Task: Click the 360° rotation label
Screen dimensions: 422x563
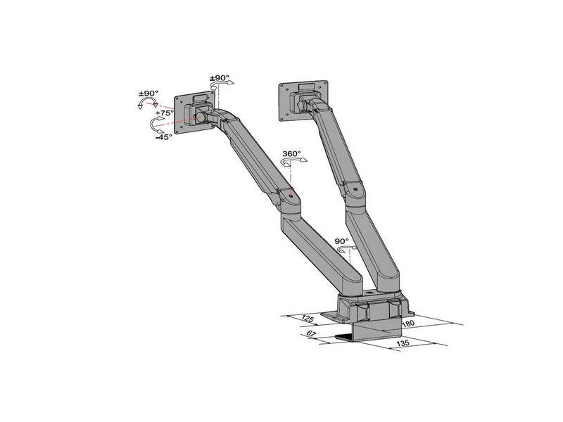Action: tap(291, 153)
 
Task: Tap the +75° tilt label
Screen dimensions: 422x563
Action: tap(165, 113)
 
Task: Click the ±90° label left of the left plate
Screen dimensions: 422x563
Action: tap(148, 94)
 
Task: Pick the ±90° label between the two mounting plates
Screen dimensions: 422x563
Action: tap(220, 78)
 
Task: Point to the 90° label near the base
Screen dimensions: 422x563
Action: tap(342, 241)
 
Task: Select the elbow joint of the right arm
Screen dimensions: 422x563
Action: tap(353, 190)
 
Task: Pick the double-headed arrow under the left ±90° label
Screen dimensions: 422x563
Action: tap(148, 103)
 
